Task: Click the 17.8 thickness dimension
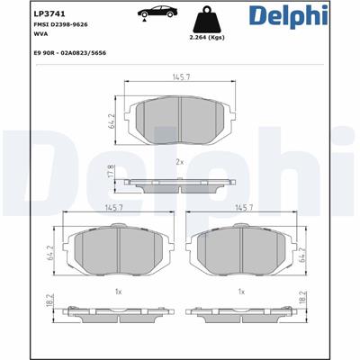112,171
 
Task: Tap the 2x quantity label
180,162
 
